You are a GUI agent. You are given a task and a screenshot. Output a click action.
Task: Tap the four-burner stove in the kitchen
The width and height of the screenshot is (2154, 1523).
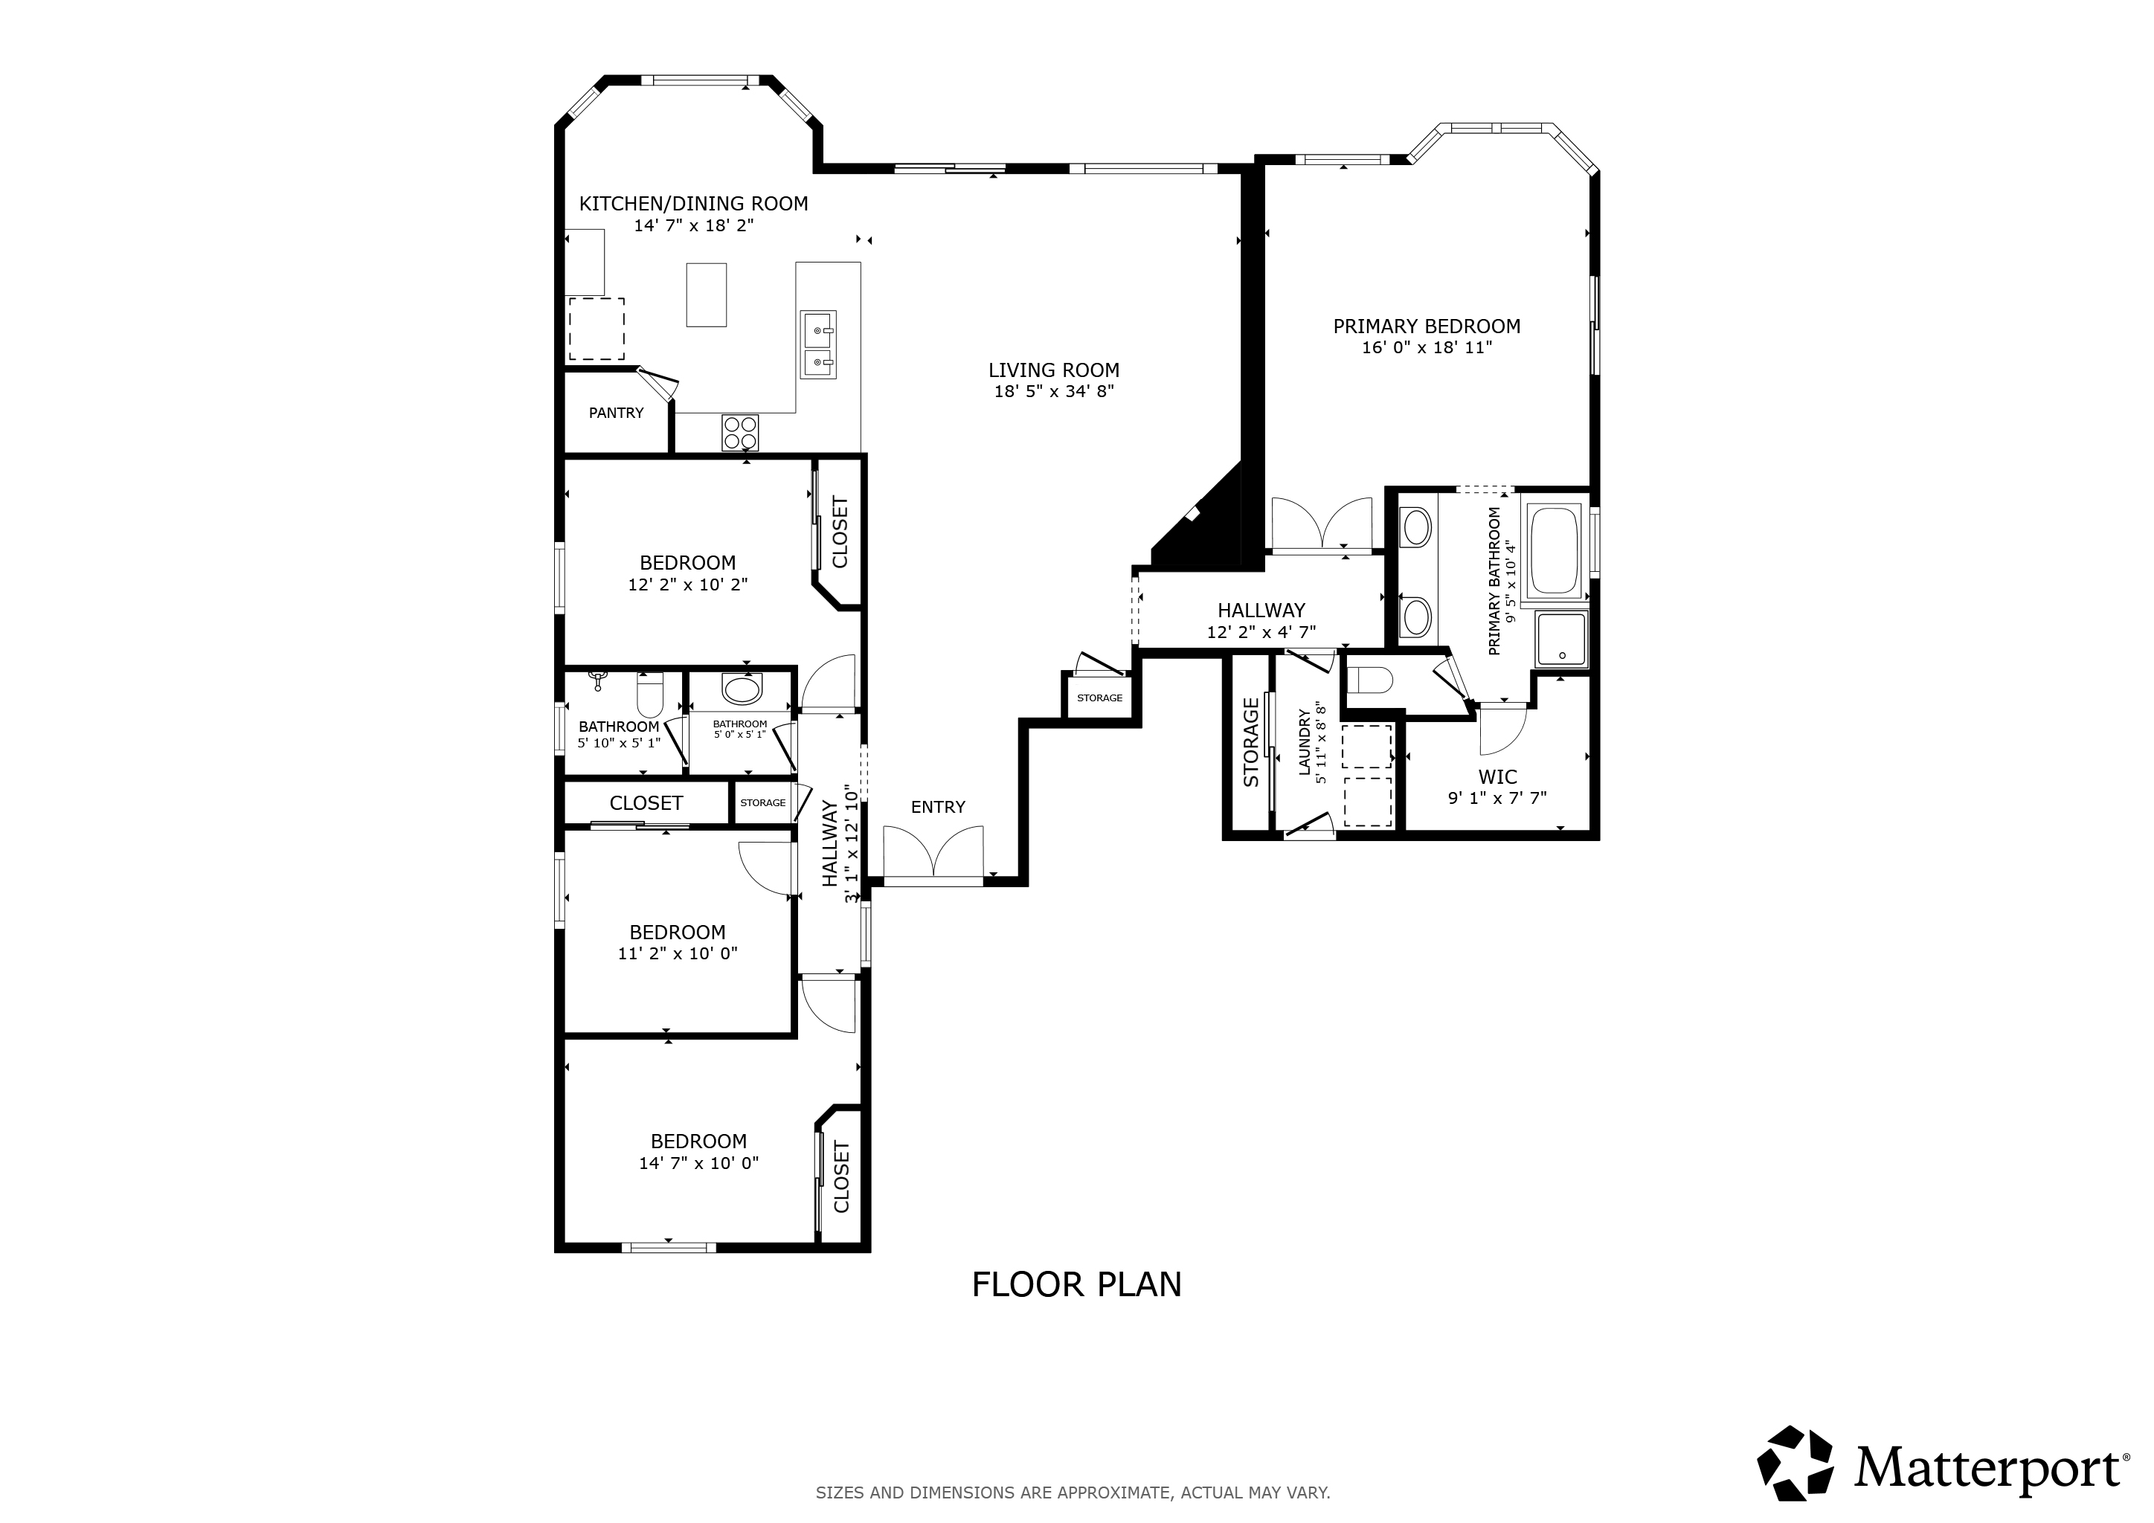740,432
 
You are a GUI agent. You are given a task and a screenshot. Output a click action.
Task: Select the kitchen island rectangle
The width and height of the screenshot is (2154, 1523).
706,294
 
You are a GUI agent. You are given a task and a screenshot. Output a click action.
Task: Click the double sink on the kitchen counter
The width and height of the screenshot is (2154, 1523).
818,345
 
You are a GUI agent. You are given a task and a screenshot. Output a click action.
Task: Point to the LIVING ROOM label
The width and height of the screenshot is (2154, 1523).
1053,370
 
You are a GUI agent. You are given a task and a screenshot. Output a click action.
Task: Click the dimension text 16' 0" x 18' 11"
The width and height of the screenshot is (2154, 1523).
1426,348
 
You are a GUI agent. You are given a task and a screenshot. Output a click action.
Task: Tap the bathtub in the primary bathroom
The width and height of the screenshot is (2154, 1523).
1554,550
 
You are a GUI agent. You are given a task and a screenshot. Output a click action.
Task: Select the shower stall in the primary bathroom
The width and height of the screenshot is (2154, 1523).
1561,640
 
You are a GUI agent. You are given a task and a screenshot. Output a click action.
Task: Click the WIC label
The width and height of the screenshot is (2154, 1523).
1497,777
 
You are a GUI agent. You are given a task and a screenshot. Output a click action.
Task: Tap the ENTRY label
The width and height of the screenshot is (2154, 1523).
937,808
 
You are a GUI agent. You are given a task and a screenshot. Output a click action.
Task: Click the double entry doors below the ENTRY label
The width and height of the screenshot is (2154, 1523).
933,854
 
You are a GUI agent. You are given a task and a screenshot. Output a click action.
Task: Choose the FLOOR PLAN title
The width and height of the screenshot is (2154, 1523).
1076,1285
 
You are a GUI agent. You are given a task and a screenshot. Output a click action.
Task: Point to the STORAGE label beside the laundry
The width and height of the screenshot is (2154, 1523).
1250,742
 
